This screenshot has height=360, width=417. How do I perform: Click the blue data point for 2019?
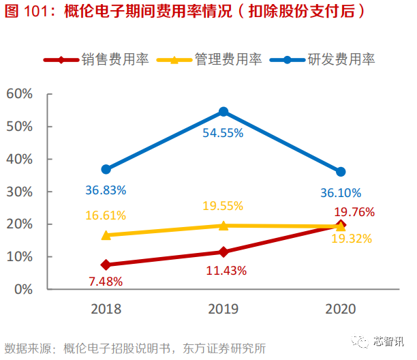[223, 112]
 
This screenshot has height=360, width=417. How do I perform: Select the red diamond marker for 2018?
[106, 265]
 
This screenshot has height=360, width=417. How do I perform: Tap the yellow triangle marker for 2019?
[223, 225]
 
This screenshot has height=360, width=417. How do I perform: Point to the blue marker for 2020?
[341, 172]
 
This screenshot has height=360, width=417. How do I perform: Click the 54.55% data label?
[223, 133]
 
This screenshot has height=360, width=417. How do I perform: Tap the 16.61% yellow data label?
[106, 215]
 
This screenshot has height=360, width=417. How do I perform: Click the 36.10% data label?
[341, 193]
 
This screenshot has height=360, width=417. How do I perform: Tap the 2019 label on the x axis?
[223, 309]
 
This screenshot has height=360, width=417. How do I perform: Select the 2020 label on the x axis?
[341, 309]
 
